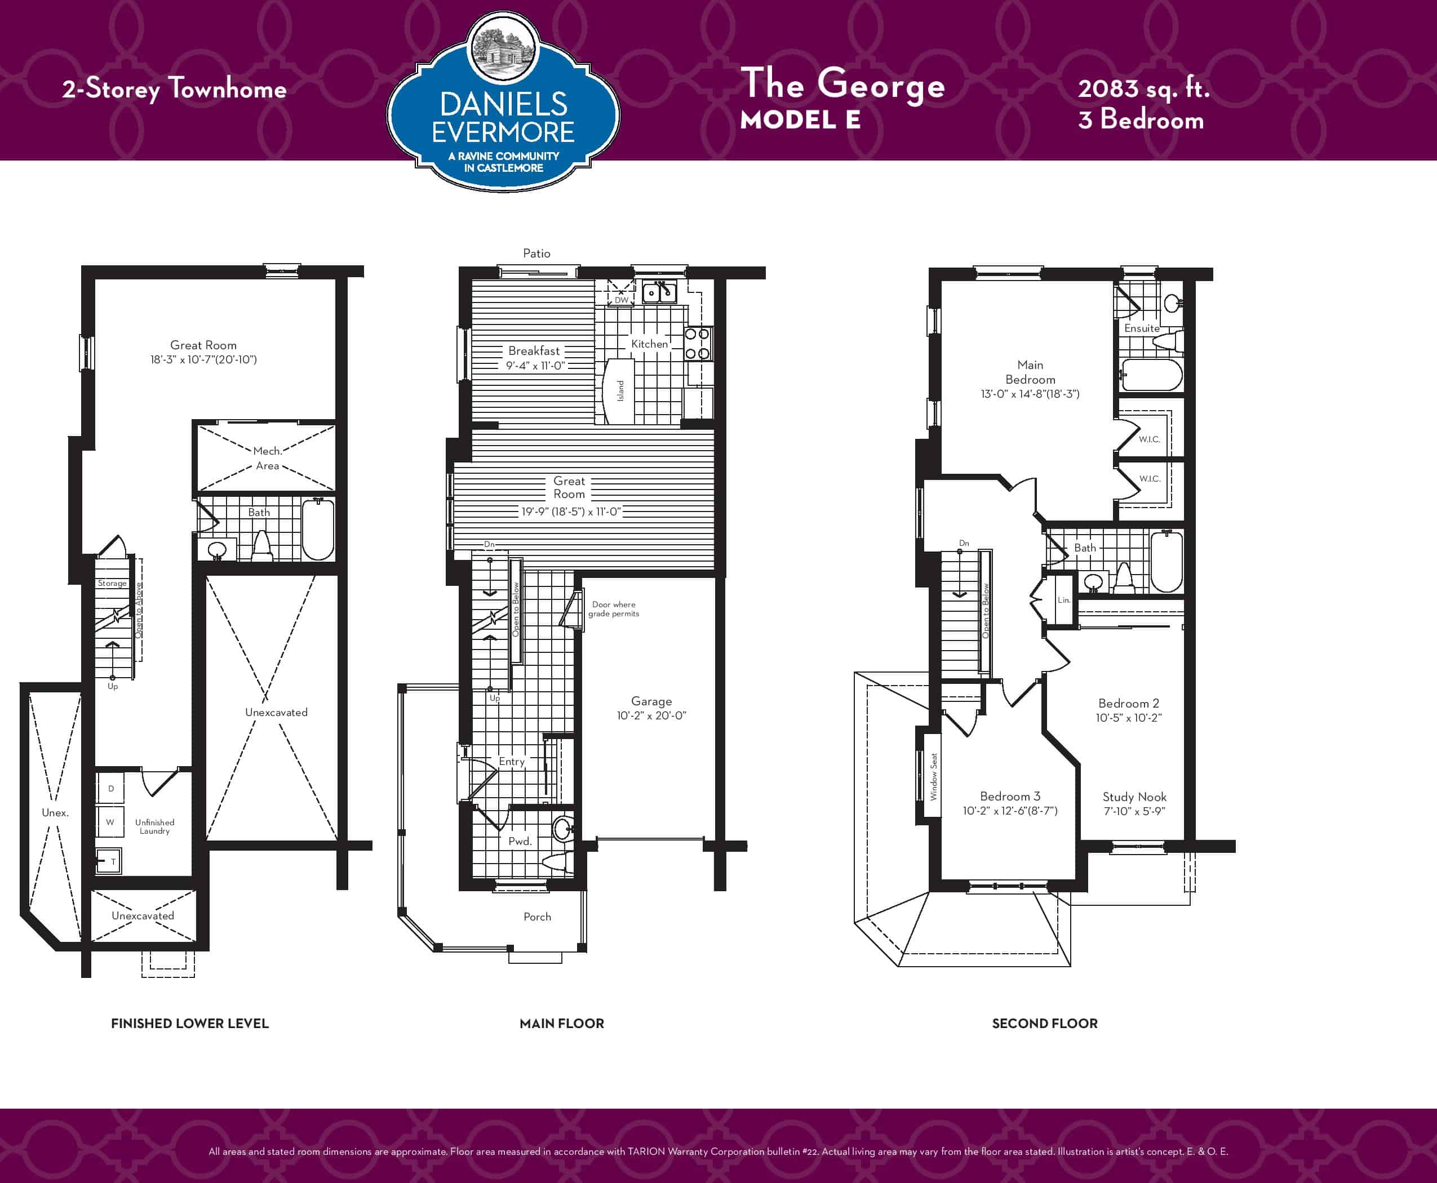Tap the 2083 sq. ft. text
pyautogui.click(x=1143, y=88)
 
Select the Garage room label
pyautogui.click(x=651, y=701)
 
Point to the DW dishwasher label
pyautogui.click(x=622, y=300)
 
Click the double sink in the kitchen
pyautogui.click(x=659, y=292)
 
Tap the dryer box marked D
pyautogui.click(x=110, y=789)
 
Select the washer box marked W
pyautogui.click(x=110, y=822)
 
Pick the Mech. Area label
pyautogui.click(x=267, y=459)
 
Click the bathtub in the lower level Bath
pyautogui.click(x=318, y=530)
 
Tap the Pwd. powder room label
pyautogui.click(x=520, y=841)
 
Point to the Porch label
pyautogui.click(x=537, y=917)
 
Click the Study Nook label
pyautogui.click(x=1134, y=797)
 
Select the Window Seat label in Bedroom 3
pyautogui.click(x=934, y=776)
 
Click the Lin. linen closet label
pyautogui.click(x=1064, y=601)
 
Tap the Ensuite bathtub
pyautogui.click(x=1152, y=375)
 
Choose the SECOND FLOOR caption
pyautogui.click(x=1044, y=1024)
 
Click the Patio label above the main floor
pyautogui.click(x=536, y=253)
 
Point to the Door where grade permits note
pyautogui.click(x=614, y=609)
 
